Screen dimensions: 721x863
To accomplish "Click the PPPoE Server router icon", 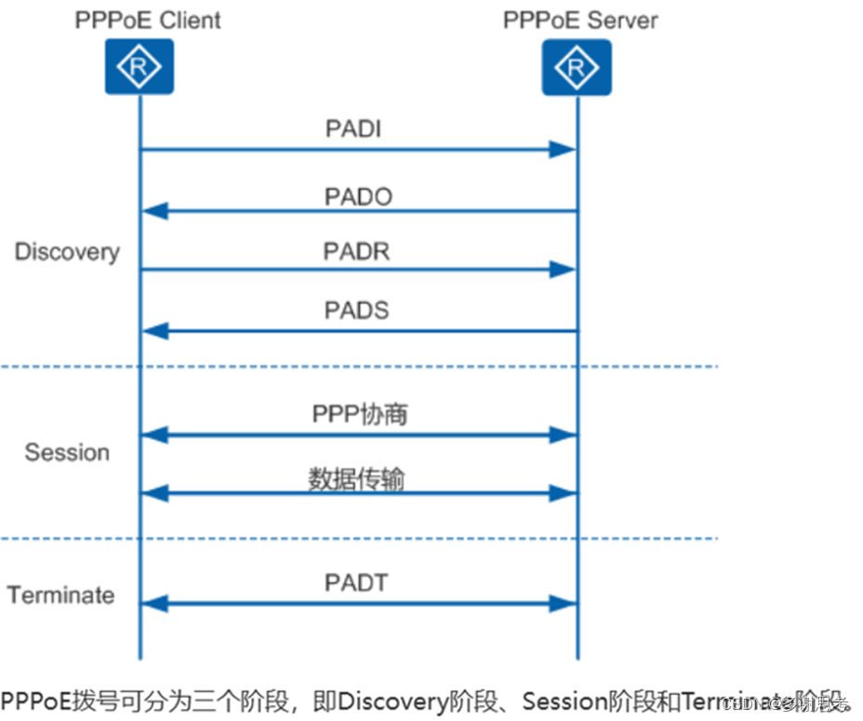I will click(577, 66).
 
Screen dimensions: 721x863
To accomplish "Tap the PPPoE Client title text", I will click(148, 20).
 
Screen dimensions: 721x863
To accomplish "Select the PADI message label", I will click(353, 129).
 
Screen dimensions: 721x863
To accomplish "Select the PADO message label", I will click(358, 197).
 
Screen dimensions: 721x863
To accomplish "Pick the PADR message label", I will click(356, 251).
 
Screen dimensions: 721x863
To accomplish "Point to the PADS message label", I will click(356, 310).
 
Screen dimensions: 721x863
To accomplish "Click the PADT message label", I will click(356, 583).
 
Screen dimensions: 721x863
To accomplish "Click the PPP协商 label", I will click(359, 414).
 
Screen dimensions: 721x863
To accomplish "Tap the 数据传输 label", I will click(356, 478).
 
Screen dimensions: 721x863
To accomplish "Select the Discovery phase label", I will click(67, 252).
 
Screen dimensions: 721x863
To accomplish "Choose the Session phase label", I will click(67, 452).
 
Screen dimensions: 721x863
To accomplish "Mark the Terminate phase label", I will click(61, 595).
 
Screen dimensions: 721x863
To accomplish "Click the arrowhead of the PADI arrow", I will click(563, 150).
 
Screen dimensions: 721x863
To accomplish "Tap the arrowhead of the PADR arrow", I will click(563, 269).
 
